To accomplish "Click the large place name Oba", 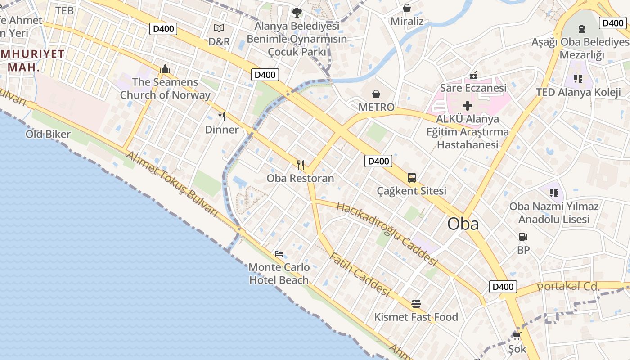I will (x=463, y=224).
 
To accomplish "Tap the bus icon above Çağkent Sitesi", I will (x=411, y=177).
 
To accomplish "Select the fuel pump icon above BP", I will (x=523, y=236).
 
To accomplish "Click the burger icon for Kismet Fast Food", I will (x=416, y=304).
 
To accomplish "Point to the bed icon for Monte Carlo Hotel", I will (x=279, y=254).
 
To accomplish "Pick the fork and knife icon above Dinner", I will (x=221, y=117).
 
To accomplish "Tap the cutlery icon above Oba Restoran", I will (x=301, y=165).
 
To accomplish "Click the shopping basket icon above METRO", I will (x=376, y=94).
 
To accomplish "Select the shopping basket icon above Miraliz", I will (x=407, y=8).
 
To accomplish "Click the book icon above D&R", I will (x=219, y=28).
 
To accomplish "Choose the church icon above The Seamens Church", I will (x=165, y=69).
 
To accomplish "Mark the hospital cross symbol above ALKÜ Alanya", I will (x=468, y=106).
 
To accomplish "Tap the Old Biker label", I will (x=48, y=134).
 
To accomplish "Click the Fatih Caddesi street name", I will (x=359, y=274).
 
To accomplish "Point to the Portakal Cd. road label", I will (x=569, y=286).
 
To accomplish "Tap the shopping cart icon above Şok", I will (x=517, y=336).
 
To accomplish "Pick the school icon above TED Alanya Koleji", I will (x=578, y=79).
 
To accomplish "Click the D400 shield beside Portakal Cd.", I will (x=503, y=287).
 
